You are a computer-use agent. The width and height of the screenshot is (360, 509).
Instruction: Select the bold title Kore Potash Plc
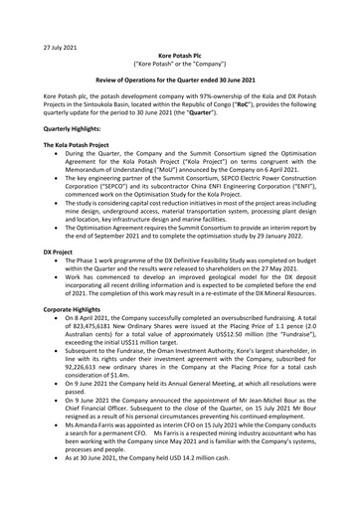[179, 31]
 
